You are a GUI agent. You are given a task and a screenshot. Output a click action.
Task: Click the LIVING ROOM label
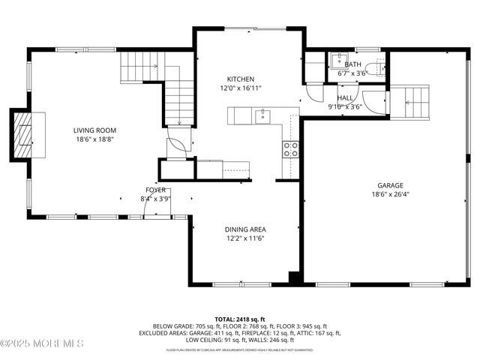[94, 130]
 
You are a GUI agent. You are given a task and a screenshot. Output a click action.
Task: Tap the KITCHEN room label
[241, 79]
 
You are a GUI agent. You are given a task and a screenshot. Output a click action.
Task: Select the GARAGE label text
[390, 185]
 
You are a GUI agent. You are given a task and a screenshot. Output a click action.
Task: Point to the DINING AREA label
[245, 229]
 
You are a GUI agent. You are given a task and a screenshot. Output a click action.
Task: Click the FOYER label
[155, 190]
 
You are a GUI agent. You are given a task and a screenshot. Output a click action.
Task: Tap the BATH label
[352, 64]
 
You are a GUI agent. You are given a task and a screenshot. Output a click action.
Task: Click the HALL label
[345, 97]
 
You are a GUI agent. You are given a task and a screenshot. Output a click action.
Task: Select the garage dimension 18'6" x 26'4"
[390, 194]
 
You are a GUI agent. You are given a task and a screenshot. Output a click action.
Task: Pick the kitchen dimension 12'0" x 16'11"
[241, 88]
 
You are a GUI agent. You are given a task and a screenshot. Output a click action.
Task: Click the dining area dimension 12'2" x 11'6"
[245, 238]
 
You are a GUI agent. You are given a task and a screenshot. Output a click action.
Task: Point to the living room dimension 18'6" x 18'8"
[94, 139]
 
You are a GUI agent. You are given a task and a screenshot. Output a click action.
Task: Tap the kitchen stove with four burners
[290, 148]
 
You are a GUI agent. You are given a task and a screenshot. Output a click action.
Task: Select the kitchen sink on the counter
[262, 115]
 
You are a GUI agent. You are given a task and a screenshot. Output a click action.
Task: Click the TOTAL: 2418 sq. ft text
[239, 319]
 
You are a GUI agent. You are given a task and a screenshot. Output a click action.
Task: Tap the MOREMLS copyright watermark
[42, 343]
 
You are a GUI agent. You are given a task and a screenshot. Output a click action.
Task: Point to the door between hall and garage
[372, 100]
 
